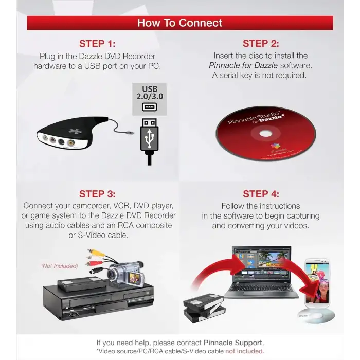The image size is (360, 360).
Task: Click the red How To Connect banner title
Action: click(179, 23)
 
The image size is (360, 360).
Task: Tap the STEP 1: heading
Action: click(97, 44)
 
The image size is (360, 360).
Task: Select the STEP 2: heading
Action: click(261, 44)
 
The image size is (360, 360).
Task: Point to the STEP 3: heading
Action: click(97, 194)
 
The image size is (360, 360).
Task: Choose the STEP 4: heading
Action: click(261, 194)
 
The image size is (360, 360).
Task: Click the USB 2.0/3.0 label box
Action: click(149, 100)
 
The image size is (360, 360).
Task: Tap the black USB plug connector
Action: click(149, 136)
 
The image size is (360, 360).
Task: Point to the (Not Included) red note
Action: click(60, 266)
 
